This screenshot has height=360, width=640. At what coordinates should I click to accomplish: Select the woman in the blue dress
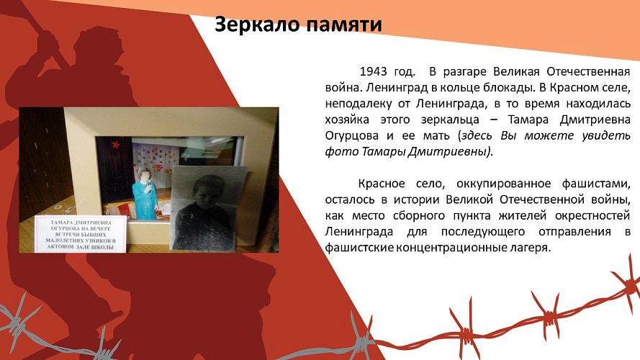143,192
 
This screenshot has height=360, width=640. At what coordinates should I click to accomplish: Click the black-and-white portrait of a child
208,209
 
